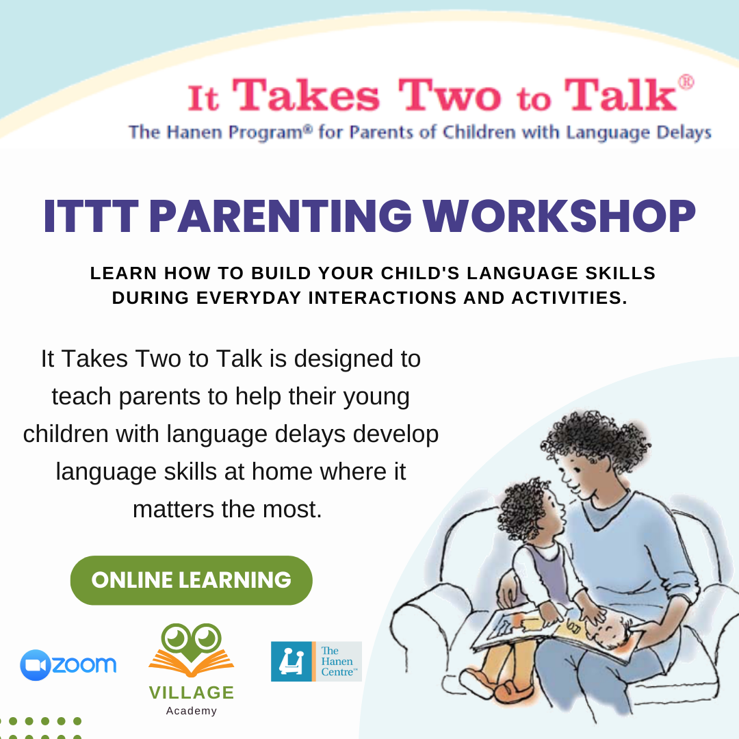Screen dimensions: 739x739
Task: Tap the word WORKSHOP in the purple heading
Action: (559, 216)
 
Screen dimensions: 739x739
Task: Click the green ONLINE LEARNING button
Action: (191, 580)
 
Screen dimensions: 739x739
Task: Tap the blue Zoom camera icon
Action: (36, 665)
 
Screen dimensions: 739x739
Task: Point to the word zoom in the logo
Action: (84, 665)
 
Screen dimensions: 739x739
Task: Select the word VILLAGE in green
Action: (191, 693)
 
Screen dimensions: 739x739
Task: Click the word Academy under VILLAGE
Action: (191, 711)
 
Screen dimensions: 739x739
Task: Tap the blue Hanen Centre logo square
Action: (291, 662)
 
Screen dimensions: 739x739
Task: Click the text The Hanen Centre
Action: (338, 662)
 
